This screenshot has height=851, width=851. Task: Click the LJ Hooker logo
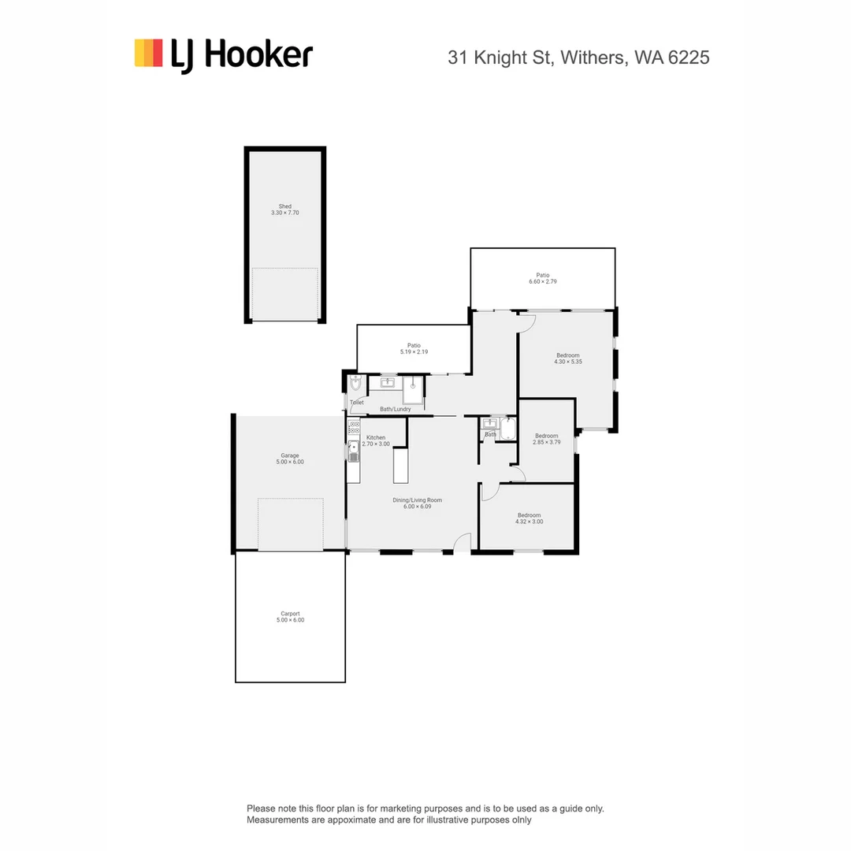pos(224,55)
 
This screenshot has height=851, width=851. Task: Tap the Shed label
pos(284,206)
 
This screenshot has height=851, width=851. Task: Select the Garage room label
pos(289,455)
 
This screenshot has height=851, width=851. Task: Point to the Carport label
pos(289,614)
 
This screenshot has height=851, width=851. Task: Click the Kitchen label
pos(376,437)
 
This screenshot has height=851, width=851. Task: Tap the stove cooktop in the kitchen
pos(354,428)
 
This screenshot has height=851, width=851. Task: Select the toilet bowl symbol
pos(355,384)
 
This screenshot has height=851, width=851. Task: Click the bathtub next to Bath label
pos(507,429)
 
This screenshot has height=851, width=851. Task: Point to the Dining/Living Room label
pos(417,500)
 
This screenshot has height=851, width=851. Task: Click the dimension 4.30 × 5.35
pos(567,362)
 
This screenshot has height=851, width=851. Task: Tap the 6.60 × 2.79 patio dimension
pos(543,281)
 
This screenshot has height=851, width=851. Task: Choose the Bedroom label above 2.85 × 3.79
pos(546,436)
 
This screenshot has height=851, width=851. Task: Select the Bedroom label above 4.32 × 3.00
pos(529,515)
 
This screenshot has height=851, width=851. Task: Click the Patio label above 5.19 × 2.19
pos(414,345)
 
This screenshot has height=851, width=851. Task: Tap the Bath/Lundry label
pos(395,409)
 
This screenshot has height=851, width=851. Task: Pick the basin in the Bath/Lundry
pos(388,383)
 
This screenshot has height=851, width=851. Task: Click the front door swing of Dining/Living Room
pos(463,542)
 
